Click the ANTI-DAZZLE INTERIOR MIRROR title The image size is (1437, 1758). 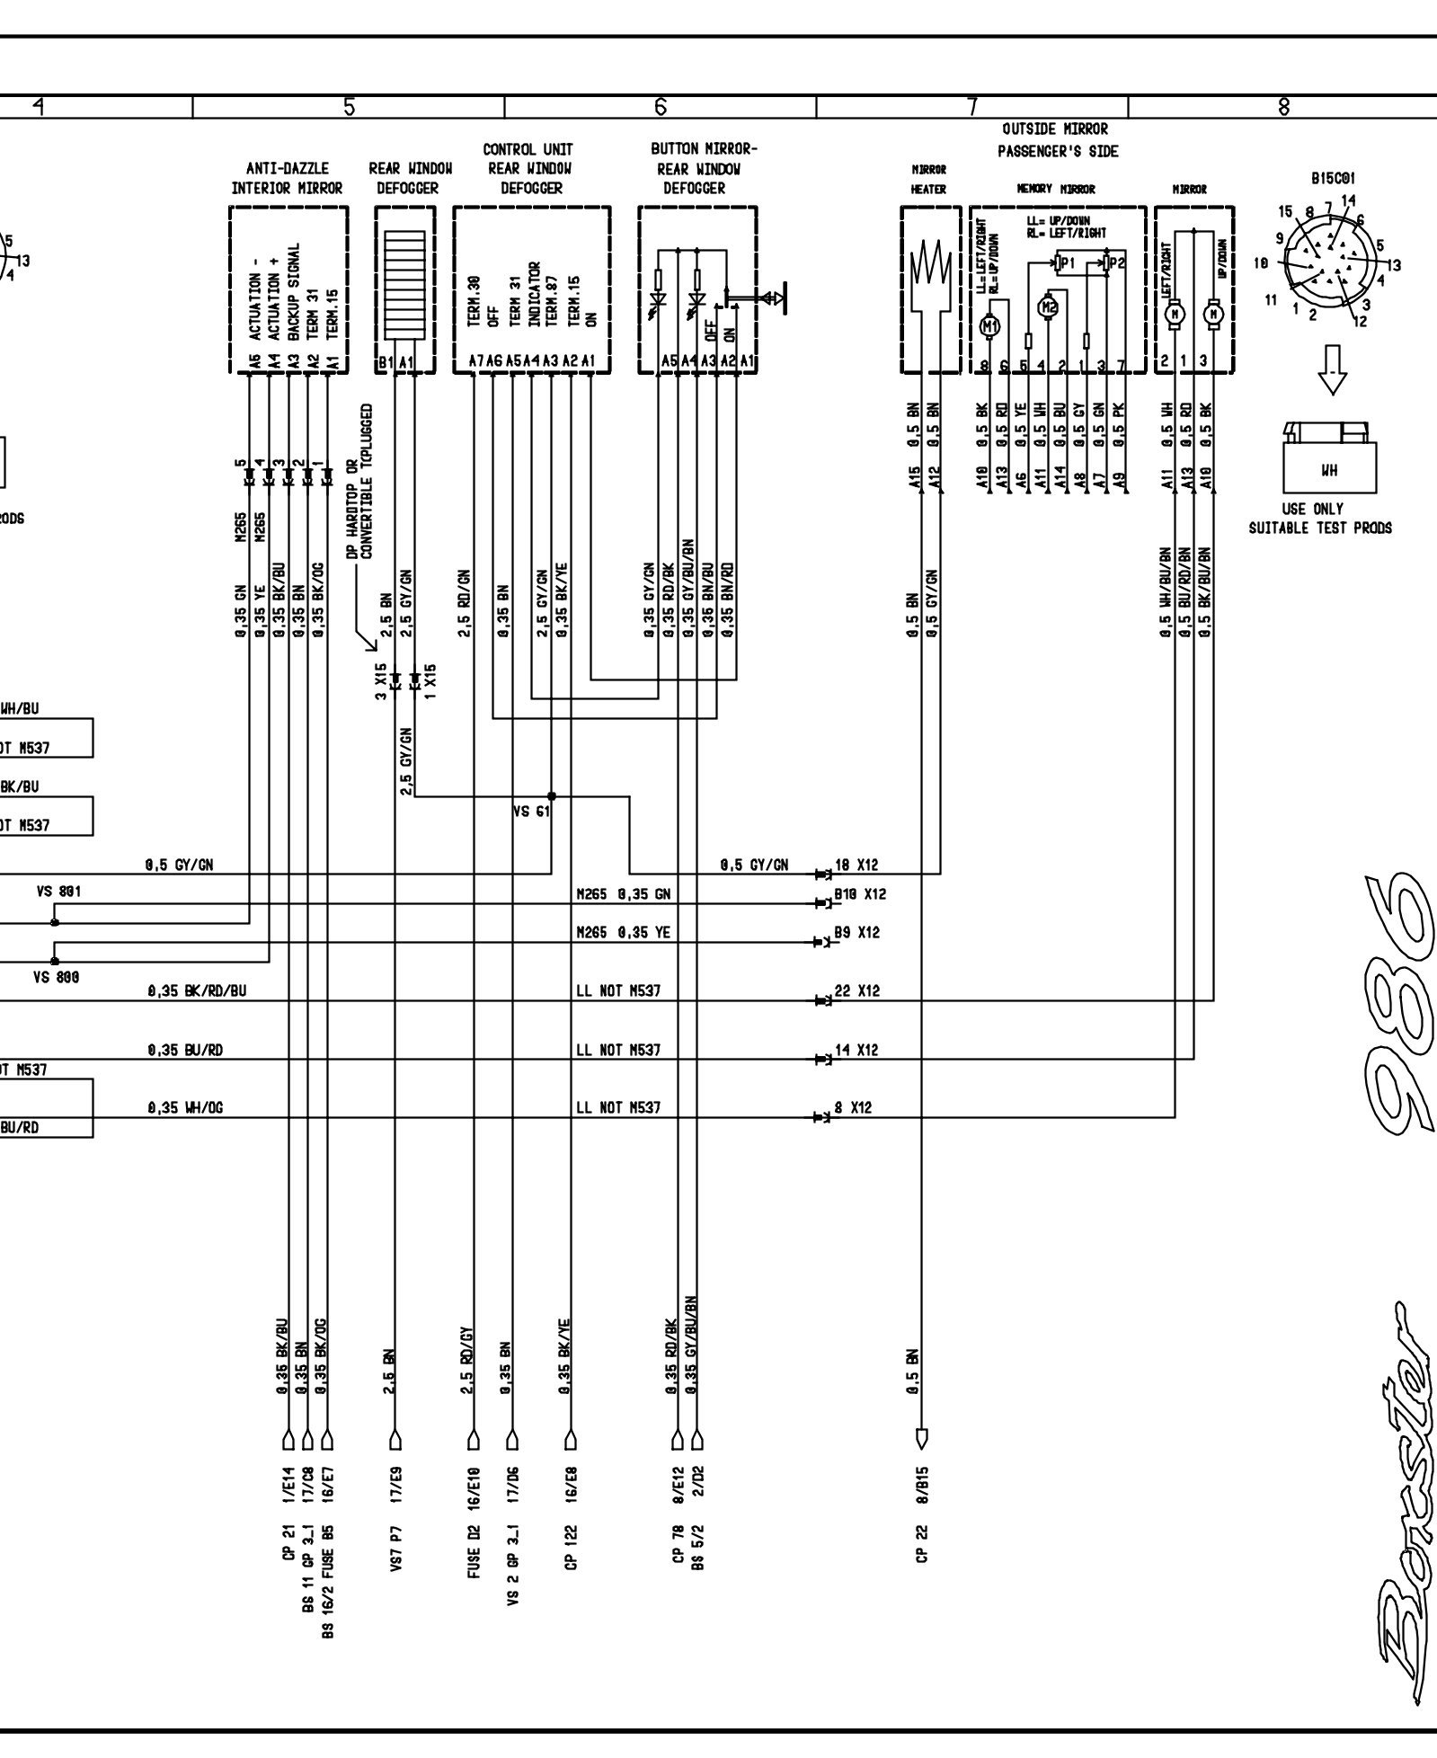pyautogui.click(x=287, y=178)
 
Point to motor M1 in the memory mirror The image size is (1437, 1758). pyautogui.click(x=990, y=327)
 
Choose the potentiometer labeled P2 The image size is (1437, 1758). pyautogui.click(x=1113, y=262)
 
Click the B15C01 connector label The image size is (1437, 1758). pyautogui.click(x=1332, y=179)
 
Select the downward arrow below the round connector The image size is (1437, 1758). pyautogui.click(x=1332, y=369)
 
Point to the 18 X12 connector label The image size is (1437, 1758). pyautogui.click(x=856, y=866)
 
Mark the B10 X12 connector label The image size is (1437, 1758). pyautogui.click(x=859, y=894)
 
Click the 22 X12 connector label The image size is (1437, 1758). pyautogui.click(x=856, y=991)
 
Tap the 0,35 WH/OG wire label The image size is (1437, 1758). pyautogui.click(x=184, y=1108)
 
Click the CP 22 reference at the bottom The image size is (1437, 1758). pyautogui.click(x=921, y=1541)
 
